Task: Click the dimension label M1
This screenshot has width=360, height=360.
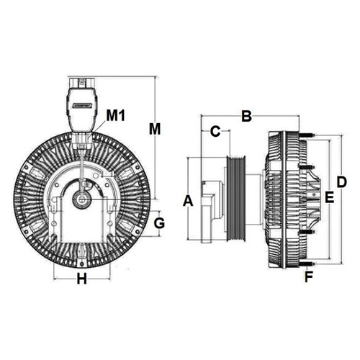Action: click(x=116, y=116)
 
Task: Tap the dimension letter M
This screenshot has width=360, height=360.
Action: click(x=155, y=129)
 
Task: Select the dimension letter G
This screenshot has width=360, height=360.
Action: click(x=159, y=223)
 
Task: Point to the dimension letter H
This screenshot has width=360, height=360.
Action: click(x=81, y=279)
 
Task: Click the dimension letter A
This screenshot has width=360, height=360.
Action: click(x=188, y=201)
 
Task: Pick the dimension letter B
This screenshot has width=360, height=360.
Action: click(x=246, y=116)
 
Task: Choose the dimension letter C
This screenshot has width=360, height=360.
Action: click(x=215, y=131)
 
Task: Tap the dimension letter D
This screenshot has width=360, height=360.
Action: click(x=341, y=182)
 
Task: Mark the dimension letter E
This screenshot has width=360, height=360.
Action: click(x=329, y=198)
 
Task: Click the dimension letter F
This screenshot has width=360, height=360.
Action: click(x=309, y=276)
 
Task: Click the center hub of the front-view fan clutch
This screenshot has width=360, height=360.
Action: click(x=82, y=199)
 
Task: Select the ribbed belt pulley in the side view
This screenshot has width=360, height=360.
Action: click(x=236, y=198)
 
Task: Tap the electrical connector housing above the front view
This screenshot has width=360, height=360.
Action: click(x=82, y=109)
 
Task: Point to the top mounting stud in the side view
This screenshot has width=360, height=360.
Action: click(x=307, y=135)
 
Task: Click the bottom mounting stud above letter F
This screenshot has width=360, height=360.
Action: click(x=307, y=264)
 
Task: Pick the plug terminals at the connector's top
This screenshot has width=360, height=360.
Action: click(x=82, y=82)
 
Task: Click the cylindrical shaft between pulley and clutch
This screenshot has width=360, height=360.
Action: click(x=255, y=199)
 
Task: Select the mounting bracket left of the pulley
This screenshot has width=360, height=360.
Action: click(x=211, y=212)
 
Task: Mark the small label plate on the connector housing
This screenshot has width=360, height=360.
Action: click(x=82, y=105)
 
